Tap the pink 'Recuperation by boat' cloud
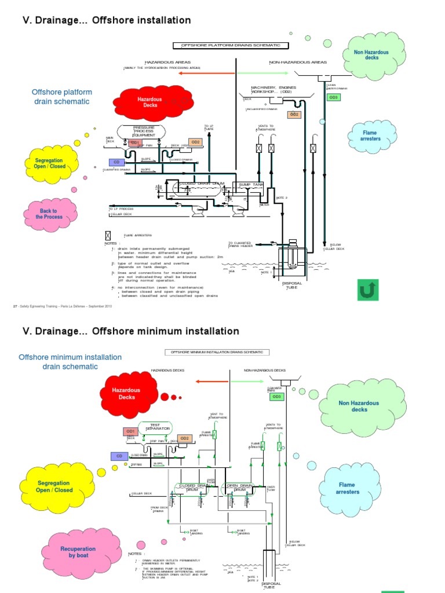(x=78, y=552)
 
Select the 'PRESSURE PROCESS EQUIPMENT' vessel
(x=144, y=131)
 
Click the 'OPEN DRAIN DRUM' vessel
(x=240, y=488)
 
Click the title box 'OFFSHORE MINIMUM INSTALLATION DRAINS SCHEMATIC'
(x=217, y=352)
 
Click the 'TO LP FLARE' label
(x=209, y=127)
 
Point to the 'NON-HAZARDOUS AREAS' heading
(x=298, y=62)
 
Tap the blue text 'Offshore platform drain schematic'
(x=61, y=97)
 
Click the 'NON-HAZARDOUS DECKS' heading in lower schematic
(x=264, y=369)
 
